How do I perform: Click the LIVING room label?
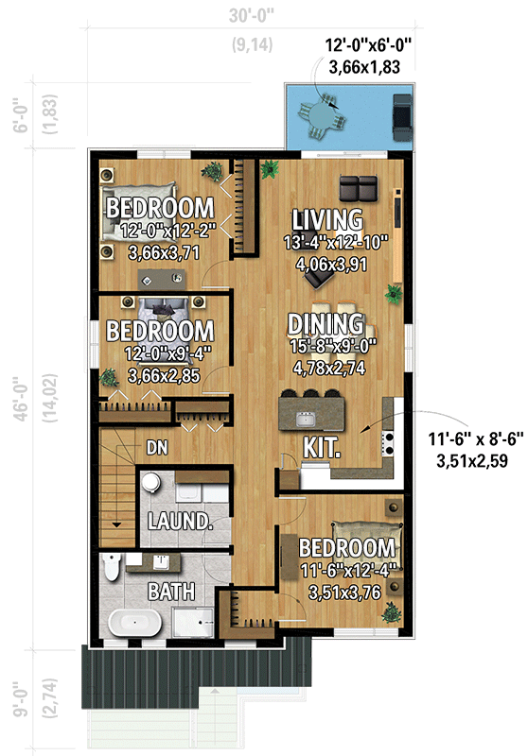click(x=327, y=220)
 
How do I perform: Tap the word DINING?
click(x=327, y=324)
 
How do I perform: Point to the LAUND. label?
click(x=178, y=522)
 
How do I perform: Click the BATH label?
click(x=171, y=593)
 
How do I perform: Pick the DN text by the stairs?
click(x=157, y=448)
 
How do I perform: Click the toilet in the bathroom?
click(x=112, y=567)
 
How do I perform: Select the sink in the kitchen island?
click(x=306, y=415)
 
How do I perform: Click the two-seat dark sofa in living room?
click(x=359, y=184)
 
